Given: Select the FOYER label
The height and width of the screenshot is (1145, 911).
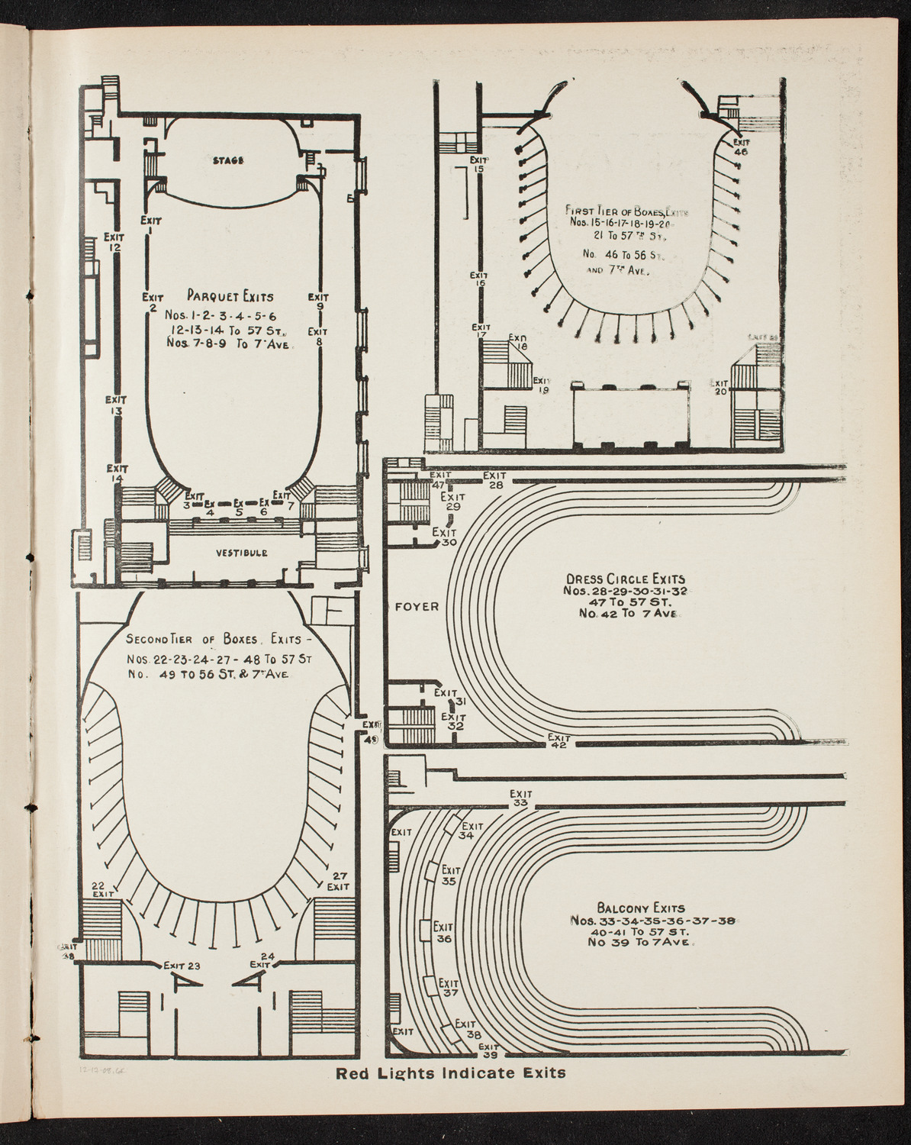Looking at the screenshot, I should pyautogui.click(x=417, y=607).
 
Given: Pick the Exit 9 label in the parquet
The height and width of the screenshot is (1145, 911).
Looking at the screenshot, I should pyautogui.click(x=318, y=302).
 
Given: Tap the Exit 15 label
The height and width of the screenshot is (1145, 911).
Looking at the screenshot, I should pyautogui.click(x=478, y=164).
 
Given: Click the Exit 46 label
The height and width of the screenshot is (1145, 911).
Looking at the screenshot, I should pyautogui.click(x=741, y=147).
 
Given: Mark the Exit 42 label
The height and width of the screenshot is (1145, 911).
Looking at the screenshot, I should pyautogui.click(x=559, y=742).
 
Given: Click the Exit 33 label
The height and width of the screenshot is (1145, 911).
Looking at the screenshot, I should pyautogui.click(x=521, y=798).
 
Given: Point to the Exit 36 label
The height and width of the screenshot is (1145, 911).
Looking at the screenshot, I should pyautogui.click(x=443, y=932).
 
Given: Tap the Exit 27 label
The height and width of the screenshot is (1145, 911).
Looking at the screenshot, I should pyautogui.click(x=339, y=881).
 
